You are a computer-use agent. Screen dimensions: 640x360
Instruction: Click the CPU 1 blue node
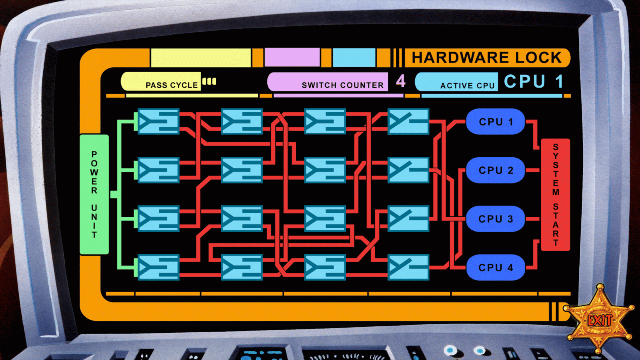[495, 122]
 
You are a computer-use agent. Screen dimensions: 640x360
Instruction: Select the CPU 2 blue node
[495, 170]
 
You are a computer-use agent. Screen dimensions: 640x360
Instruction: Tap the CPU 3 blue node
[495, 219]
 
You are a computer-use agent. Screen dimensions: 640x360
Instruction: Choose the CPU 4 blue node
[495, 267]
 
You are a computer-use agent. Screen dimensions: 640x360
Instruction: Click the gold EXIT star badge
[599, 320]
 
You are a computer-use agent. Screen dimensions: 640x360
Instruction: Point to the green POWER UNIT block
[94, 194]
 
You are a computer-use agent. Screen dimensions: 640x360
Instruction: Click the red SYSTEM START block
[555, 194]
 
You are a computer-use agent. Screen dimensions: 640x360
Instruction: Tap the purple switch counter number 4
[401, 81]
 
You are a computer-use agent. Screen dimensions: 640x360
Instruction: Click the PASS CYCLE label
[172, 85]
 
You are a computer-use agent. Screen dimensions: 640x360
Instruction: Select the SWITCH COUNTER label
[342, 85]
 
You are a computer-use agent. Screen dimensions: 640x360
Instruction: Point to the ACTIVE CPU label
[467, 86]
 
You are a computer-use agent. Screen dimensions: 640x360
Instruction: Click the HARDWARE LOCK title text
[487, 58]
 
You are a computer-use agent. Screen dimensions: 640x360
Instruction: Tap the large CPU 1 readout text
[534, 82]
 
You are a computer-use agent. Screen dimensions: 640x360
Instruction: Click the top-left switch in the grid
[158, 121]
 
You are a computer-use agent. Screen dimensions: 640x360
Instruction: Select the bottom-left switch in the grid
[158, 267]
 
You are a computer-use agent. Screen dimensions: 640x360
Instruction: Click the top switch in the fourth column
[408, 121]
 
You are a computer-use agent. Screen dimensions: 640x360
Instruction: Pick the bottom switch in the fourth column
[408, 267]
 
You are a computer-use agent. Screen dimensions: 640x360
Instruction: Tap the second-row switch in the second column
[242, 170]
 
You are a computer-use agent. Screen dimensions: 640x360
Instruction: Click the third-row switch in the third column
[325, 219]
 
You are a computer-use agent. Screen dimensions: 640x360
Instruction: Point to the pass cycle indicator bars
[209, 81]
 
